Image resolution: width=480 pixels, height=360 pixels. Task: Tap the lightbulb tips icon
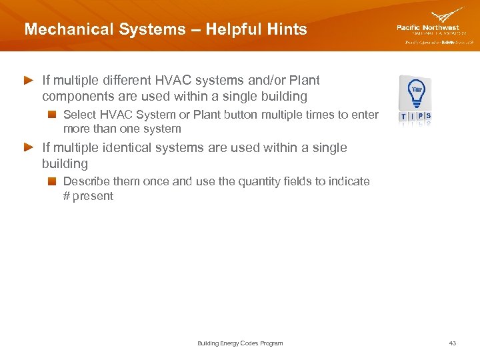tap(415, 99)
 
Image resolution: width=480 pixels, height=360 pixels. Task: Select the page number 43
tap(453, 343)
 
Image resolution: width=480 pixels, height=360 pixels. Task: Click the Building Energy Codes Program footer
tap(240, 343)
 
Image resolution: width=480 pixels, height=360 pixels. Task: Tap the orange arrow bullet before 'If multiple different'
tap(29, 80)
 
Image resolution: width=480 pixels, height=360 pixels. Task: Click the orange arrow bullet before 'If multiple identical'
tap(29, 147)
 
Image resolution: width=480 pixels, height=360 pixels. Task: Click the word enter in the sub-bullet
tap(365, 115)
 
